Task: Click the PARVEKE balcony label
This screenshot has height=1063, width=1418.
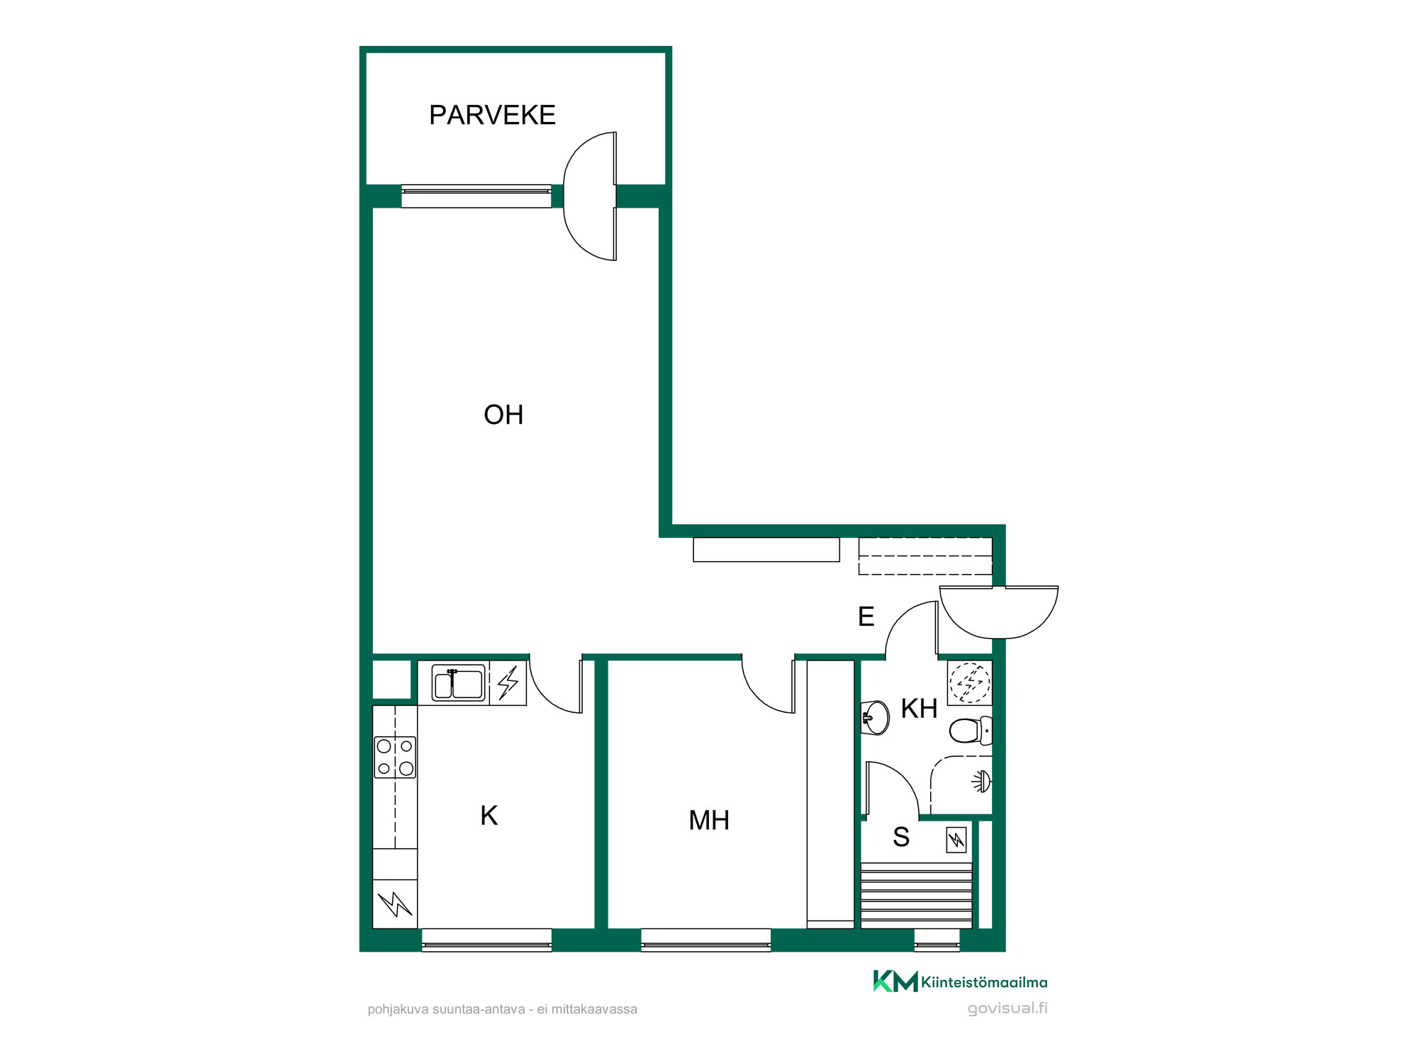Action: (492, 115)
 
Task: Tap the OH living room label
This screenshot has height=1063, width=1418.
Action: (503, 415)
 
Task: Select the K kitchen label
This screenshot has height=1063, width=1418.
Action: (489, 816)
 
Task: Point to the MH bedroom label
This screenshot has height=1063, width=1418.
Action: (709, 821)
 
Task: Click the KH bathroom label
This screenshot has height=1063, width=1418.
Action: (919, 709)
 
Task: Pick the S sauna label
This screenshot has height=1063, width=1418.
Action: (901, 838)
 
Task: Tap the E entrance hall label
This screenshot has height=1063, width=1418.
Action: (866, 617)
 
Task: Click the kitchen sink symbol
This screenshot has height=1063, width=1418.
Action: (459, 683)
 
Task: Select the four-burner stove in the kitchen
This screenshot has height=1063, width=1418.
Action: (395, 758)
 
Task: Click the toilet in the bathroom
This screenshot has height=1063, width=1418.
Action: (971, 731)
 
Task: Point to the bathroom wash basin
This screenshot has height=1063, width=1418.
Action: (875, 719)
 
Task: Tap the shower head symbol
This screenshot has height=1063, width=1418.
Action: (982, 782)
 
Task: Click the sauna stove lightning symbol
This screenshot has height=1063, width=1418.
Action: (956, 840)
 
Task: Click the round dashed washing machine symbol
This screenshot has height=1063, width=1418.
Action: (970, 682)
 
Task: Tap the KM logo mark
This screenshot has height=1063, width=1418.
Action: (895, 981)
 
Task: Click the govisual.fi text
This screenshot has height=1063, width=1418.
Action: (1007, 1008)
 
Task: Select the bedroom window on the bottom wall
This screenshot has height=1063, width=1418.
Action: (705, 939)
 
